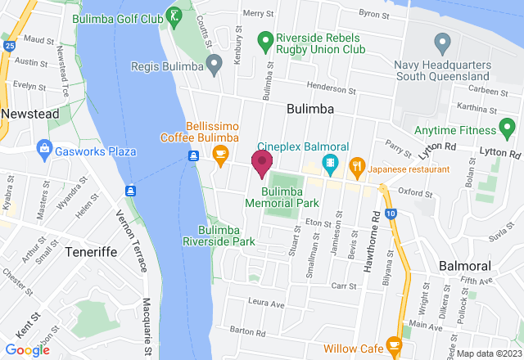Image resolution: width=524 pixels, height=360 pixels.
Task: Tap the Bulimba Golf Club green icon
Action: [174, 15]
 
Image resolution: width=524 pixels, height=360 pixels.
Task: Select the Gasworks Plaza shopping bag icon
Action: [43, 151]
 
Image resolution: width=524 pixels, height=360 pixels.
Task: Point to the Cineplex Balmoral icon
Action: [329, 163]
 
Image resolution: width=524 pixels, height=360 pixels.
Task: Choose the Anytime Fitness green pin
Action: [507, 128]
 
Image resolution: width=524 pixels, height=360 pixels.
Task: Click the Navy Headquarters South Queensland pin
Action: [442, 41]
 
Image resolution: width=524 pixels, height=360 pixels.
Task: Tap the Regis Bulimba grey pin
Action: [214, 62]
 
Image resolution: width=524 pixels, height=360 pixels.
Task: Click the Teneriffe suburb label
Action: [87, 251]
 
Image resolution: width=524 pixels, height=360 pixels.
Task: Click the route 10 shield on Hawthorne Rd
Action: [393, 214]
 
